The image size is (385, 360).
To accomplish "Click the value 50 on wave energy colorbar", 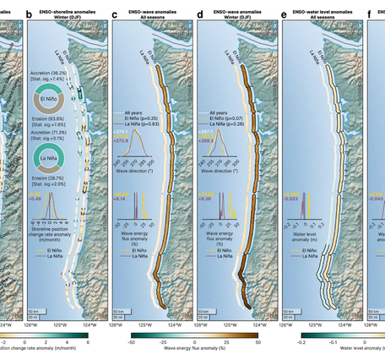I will [x=257, y=343].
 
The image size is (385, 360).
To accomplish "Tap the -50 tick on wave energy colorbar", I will [x=132, y=343].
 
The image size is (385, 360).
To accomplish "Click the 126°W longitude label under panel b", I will [x=33, y=324].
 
